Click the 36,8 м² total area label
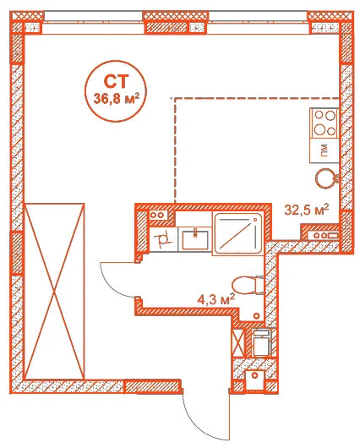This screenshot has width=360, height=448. (117, 99)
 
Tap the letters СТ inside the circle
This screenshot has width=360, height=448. (116, 81)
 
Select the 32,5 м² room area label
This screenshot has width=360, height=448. (307, 210)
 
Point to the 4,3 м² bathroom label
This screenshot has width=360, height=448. (216, 300)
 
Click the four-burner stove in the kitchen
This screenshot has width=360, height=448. (325, 123)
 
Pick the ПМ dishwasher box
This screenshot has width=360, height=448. (325, 150)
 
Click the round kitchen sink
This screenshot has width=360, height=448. (325, 178)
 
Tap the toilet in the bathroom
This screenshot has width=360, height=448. (248, 285)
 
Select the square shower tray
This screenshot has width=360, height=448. (238, 233)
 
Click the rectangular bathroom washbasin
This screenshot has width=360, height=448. (195, 239)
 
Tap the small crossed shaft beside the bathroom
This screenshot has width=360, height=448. (238, 343)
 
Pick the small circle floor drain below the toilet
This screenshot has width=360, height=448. (257, 315)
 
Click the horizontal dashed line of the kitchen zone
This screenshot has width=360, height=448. (255, 98)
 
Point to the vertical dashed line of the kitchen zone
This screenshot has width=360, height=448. (175, 150)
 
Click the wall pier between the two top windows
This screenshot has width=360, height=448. (176, 23)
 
